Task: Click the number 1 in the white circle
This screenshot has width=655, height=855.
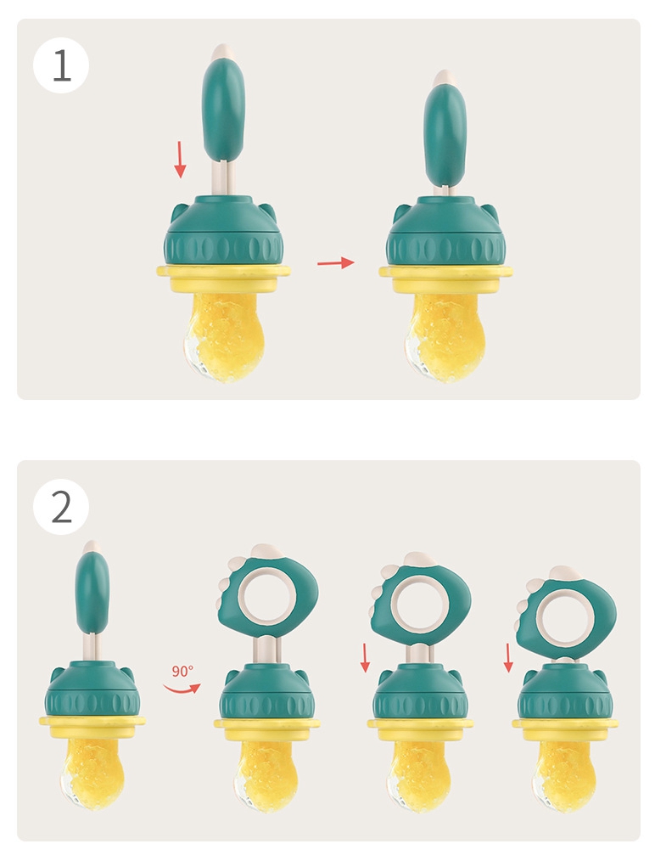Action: tap(62, 66)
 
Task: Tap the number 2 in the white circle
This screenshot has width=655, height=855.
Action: tap(62, 507)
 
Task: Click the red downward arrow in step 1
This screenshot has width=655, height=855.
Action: tap(180, 160)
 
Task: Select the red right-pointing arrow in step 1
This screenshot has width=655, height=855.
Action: tap(335, 263)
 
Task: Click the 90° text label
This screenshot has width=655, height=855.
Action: tap(182, 670)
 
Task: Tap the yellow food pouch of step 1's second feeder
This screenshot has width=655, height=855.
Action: tap(445, 331)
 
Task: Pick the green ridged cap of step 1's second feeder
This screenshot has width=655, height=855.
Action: tap(445, 238)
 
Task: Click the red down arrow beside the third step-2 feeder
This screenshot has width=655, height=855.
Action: tap(365, 656)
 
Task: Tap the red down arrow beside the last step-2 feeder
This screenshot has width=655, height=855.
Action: tap(509, 656)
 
